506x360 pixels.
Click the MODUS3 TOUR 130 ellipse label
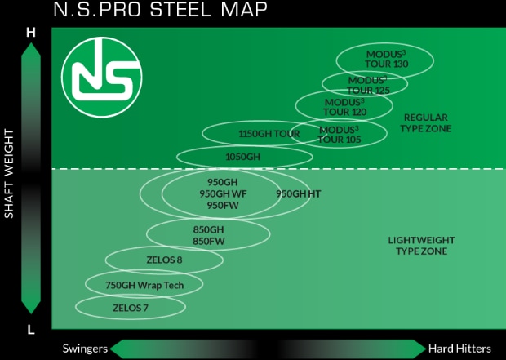[386, 59]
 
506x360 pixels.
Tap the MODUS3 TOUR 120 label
[344, 107]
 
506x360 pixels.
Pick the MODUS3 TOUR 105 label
[339, 135]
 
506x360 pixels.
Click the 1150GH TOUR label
[269, 134]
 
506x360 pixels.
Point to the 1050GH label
[242, 156]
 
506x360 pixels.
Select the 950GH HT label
[298, 193]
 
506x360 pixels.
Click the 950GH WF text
[223, 193]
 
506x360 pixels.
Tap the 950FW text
[222, 205]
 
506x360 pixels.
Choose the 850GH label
[208, 229]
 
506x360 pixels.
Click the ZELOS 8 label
[164, 260]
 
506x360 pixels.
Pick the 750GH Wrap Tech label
[144, 285]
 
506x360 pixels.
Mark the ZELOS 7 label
[131, 308]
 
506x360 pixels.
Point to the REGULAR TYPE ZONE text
[426, 123]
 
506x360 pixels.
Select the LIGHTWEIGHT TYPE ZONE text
[420, 246]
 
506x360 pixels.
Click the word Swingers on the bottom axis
[85, 349]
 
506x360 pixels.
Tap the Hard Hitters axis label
[459, 349]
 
